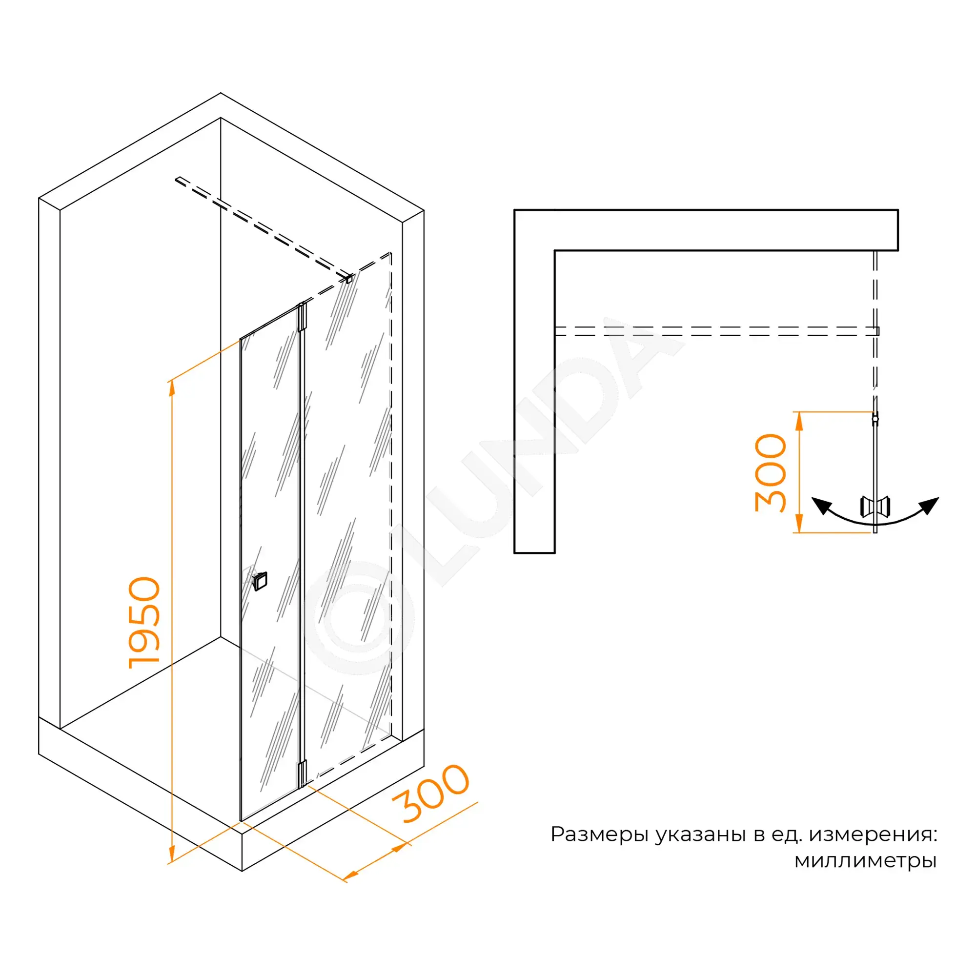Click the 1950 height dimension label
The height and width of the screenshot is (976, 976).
tap(144, 622)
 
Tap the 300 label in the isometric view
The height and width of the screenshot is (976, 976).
tap(431, 793)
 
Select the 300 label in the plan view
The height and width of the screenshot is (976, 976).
tap(771, 473)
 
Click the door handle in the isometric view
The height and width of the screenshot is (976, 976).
tap(260, 581)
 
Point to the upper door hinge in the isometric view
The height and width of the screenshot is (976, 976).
tap(302, 317)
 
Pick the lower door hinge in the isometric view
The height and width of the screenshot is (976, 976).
tap(302, 773)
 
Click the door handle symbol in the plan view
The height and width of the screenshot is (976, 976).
tap(875, 506)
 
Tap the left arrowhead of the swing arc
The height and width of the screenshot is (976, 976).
tap(822, 506)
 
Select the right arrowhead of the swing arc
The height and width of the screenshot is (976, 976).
tap(929, 506)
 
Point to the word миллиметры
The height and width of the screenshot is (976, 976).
tap(865, 860)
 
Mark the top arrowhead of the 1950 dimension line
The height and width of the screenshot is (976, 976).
tap(172, 388)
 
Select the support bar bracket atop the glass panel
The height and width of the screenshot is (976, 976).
tap(348, 278)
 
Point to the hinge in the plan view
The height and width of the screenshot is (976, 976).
tap(875, 419)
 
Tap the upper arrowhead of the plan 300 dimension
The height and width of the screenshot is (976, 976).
tap(799, 420)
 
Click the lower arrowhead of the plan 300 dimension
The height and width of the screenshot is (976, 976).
tap(799, 524)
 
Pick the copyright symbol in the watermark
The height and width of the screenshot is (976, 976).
tap(358, 617)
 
